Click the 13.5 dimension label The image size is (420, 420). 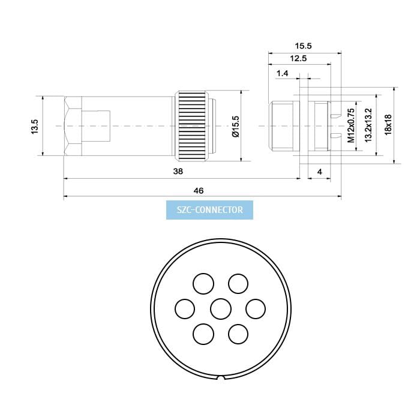[35, 127]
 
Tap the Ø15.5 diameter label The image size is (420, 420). [236, 127]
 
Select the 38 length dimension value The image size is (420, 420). [178, 171]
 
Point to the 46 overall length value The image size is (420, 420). [199, 191]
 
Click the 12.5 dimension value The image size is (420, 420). [298, 58]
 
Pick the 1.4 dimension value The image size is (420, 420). [283, 73]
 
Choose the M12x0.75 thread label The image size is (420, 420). [351, 125]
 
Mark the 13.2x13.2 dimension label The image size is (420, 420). [368, 125]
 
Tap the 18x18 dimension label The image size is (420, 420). [388, 125]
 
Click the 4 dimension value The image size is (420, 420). [320, 172]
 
